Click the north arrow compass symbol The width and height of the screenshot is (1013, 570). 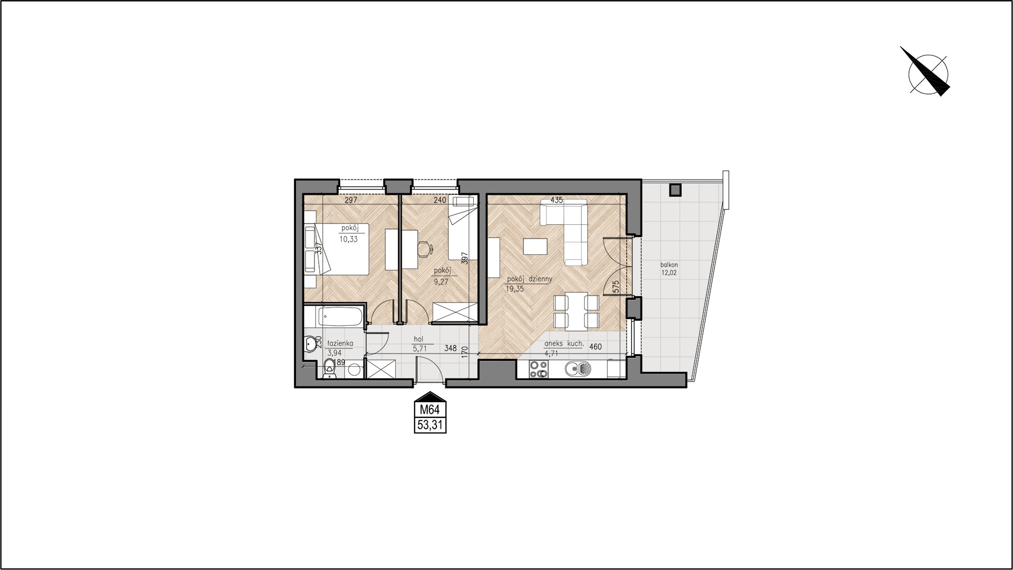tap(928, 75)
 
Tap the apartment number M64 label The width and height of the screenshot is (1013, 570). tap(430, 410)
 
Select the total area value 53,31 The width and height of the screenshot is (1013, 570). tap(430, 425)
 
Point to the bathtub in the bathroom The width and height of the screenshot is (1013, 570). tap(340, 317)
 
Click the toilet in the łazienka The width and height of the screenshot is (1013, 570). tap(329, 368)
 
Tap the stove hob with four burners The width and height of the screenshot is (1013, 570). tap(539, 369)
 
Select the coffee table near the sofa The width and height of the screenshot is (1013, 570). tap(535, 247)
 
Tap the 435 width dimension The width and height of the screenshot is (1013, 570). tap(556, 200)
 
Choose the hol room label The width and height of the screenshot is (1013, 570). tap(419, 339)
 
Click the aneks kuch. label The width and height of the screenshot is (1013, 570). tap(564, 344)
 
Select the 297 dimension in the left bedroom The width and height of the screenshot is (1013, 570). tap(351, 200)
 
